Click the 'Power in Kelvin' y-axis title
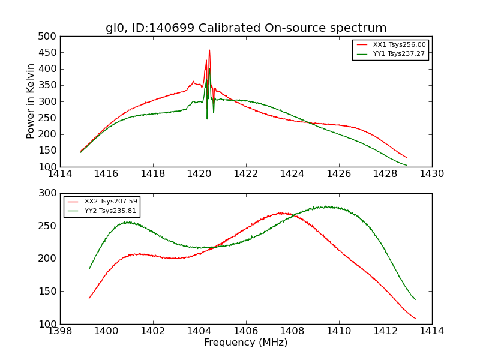(x=31, y=101)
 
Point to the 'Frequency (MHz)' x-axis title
(x=246, y=343)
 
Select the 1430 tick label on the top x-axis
(x=431, y=174)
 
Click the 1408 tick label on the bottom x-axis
(x=292, y=331)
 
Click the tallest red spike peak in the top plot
(x=209, y=50)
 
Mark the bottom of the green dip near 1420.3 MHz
(x=207, y=118)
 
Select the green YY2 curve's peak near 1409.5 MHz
(x=327, y=206)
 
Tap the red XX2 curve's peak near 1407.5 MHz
(x=280, y=212)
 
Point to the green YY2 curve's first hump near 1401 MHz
(x=129, y=221)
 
